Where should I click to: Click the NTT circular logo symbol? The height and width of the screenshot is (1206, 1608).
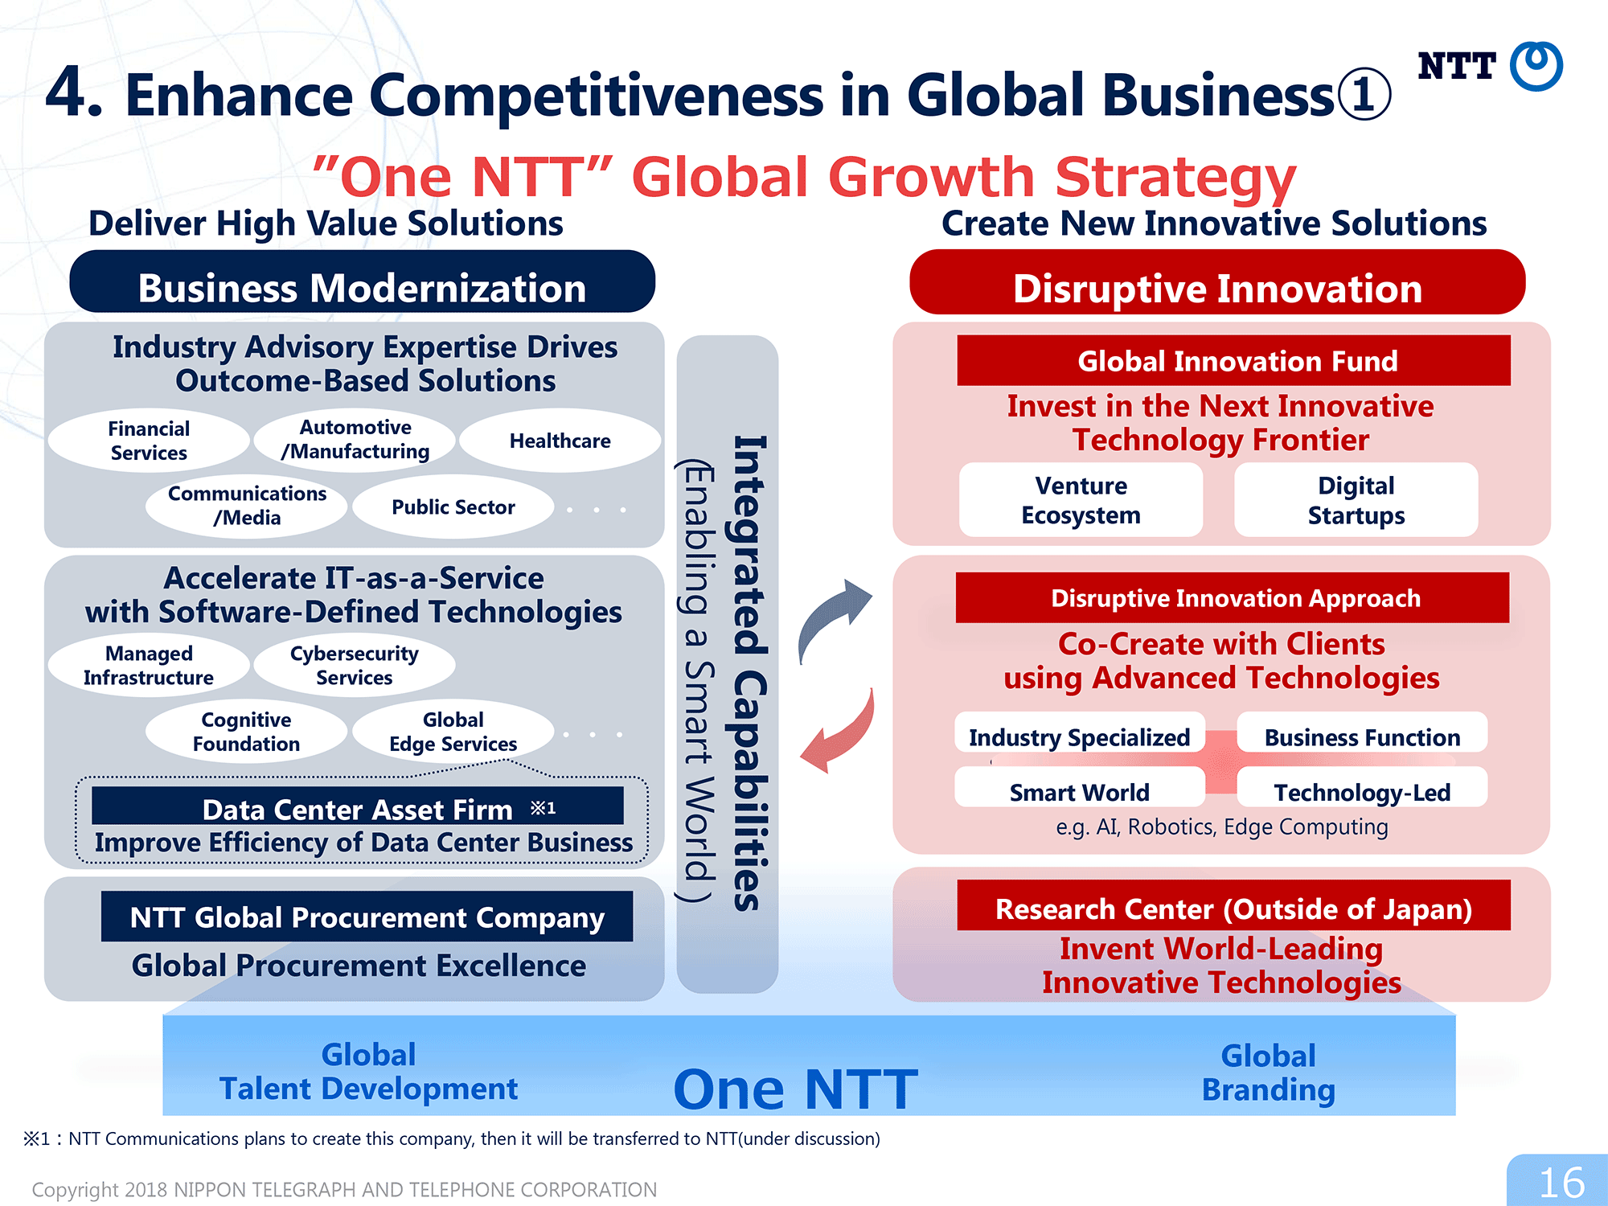pos(1536,66)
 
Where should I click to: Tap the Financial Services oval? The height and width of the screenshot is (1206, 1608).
pos(149,441)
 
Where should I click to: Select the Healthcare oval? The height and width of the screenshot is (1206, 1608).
pos(560,441)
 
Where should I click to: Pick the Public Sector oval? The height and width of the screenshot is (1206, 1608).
pos(453,507)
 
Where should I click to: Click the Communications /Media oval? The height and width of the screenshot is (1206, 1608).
pos(247,506)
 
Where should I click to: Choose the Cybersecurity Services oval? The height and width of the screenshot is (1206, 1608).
pos(355,665)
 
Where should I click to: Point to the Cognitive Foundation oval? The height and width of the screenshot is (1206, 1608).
pos(247,732)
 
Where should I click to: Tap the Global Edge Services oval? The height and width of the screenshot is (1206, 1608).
pos(453,732)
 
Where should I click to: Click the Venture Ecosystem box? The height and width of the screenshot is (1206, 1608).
pos(1081,499)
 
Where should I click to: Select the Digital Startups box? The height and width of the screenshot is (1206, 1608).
pos(1356,499)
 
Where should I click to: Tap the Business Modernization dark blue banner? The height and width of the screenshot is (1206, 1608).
pos(363,281)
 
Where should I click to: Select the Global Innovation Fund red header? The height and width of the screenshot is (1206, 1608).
pos(1234,360)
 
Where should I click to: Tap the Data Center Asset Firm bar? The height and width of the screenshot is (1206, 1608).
pos(358,806)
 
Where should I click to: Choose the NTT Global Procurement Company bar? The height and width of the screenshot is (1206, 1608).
pos(367,917)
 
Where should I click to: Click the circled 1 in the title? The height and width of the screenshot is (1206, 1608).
pos(1364,95)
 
